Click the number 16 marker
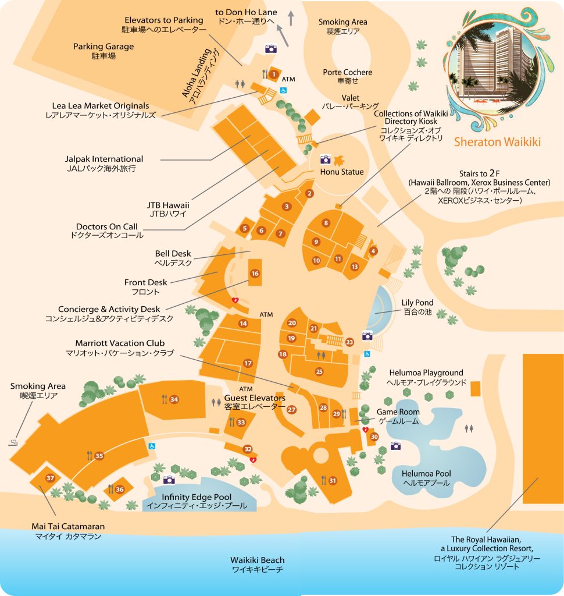pyautogui.click(x=255, y=273)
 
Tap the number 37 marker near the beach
pyautogui.click(x=50, y=478)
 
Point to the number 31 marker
pyautogui.click(x=333, y=480)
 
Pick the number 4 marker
pyautogui.click(x=373, y=251)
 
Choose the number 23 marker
pyautogui.click(x=349, y=342)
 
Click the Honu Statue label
pyautogui.click(x=342, y=172)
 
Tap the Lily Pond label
pyautogui.click(x=417, y=303)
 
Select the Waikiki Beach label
pyautogui.click(x=258, y=560)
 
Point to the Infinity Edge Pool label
pyautogui.click(x=197, y=497)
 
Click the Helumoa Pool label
pyautogui.click(x=427, y=474)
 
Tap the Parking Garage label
pyautogui.click(x=103, y=47)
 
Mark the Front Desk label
pyautogui.click(x=145, y=282)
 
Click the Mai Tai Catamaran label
pyautogui.click(x=68, y=526)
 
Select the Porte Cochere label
pyautogui.click(x=347, y=72)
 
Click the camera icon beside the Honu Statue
pyautogui.click(x=325, y=159)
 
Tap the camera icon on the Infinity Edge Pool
pyautogui.click(x=169, y=480)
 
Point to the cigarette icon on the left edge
pyautogui.click(x=13, y=444)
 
